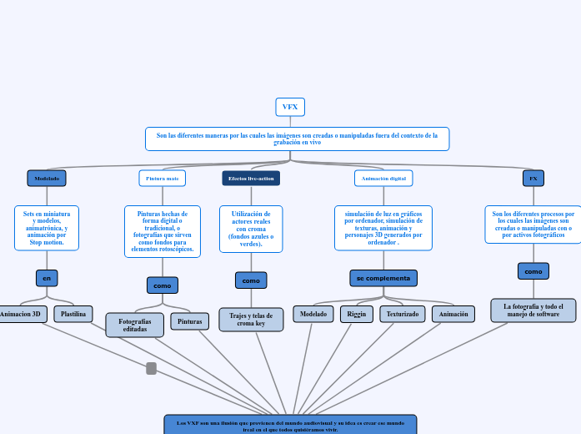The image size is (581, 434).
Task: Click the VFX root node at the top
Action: coord(290,107)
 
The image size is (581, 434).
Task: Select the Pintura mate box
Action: coord(162,178)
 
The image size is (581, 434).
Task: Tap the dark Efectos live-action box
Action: coord(251,178)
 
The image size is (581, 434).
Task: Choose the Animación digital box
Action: coord(383,178)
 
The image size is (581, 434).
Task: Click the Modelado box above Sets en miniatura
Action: coord(47,178)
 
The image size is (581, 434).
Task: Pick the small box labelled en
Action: coord(47,278)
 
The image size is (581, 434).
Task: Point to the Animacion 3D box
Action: coord(22,315)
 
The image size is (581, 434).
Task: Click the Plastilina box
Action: coord(73,315)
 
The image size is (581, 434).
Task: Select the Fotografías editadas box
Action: coord(135,325)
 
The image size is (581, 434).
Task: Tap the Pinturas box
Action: coord(190,321)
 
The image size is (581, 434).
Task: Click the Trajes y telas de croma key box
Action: coord(251,320)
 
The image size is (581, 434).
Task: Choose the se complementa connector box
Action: coord(383,278)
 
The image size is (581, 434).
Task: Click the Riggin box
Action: coord(357,315)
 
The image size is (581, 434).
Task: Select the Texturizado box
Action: coord(403,315)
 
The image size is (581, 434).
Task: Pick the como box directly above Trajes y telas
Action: coord(251,280)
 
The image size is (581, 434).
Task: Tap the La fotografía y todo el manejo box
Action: coord(533,310)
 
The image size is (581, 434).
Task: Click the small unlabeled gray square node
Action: coord(151,368)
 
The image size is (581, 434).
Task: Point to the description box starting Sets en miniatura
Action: coord(47,228)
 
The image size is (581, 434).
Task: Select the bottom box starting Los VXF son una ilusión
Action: coord(290,424)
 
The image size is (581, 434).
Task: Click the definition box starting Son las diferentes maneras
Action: coord(297,139)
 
